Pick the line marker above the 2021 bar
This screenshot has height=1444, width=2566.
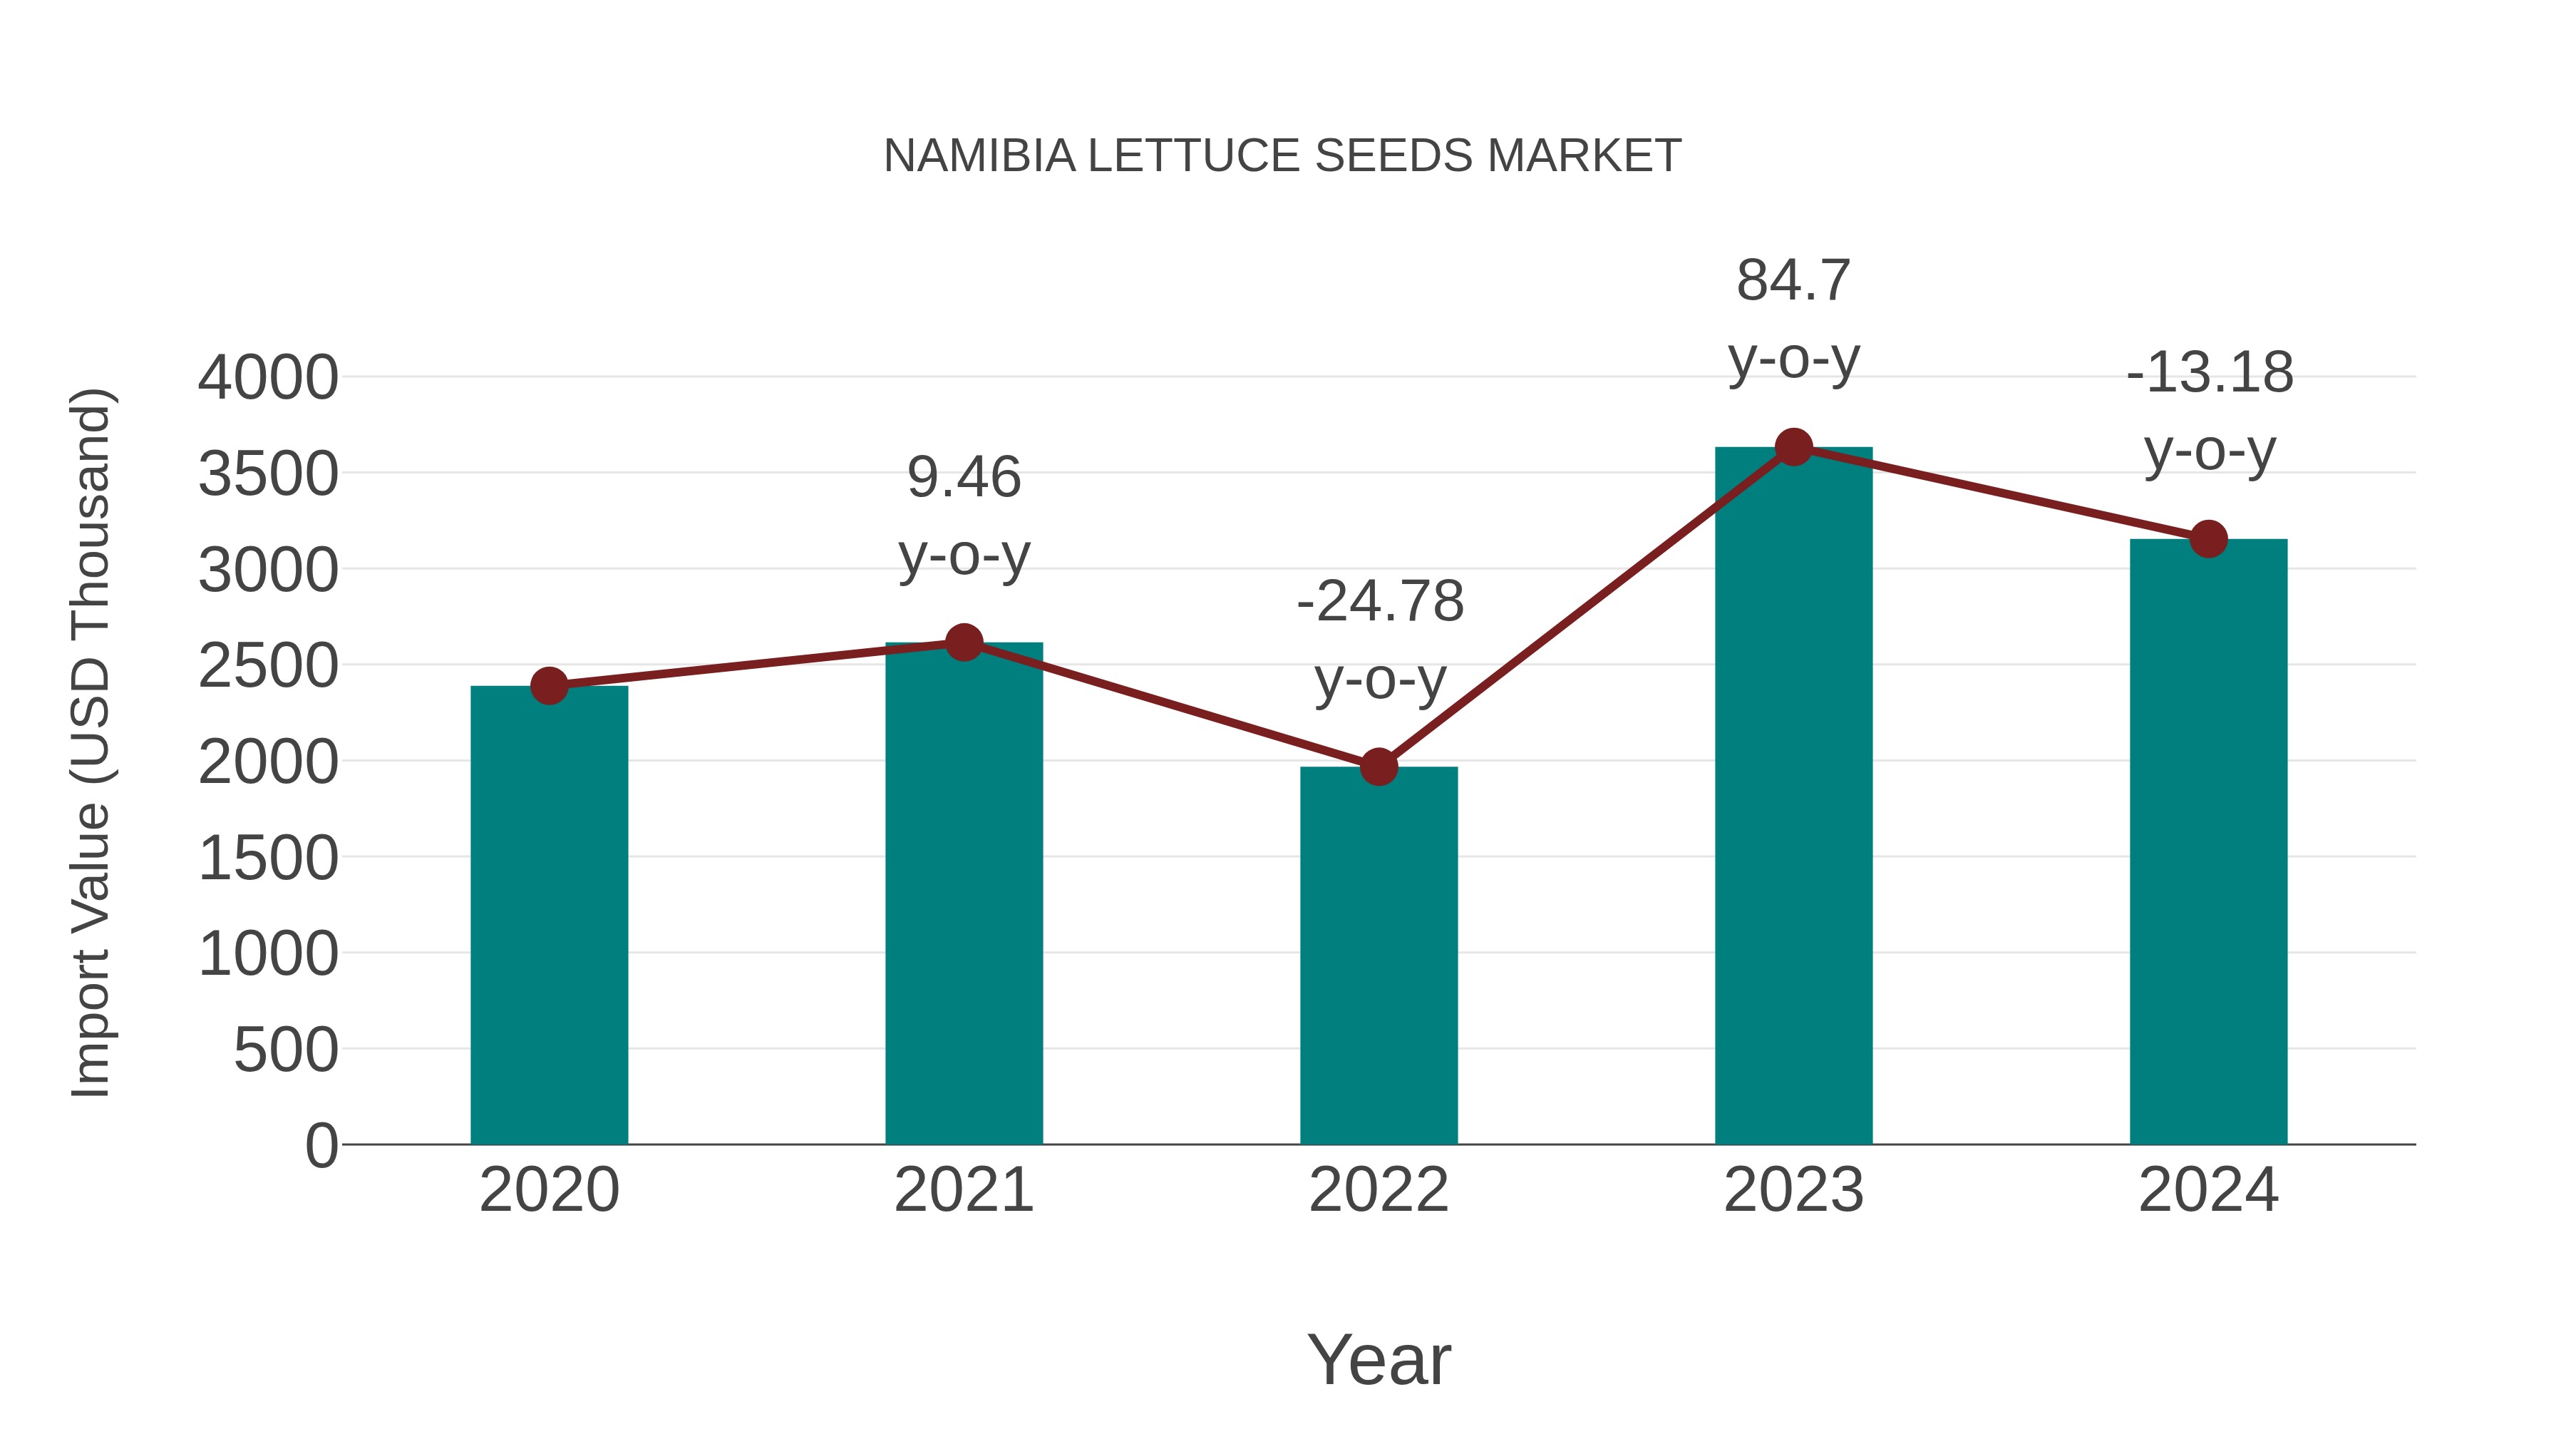click(963, 642)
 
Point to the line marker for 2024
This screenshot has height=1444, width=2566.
click(2208, 539)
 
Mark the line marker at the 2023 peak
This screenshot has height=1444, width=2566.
click(1793, 447)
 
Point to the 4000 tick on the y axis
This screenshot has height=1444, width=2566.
click(268, 379)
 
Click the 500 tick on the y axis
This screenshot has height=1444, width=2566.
click(286, 1050)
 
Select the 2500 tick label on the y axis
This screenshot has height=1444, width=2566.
click(268, 667)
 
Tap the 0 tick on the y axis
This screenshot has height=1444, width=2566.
click(321, 1146)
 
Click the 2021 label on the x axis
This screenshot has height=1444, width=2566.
click(963, 1190)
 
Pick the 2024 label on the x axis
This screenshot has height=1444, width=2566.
click(2208, 1190)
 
